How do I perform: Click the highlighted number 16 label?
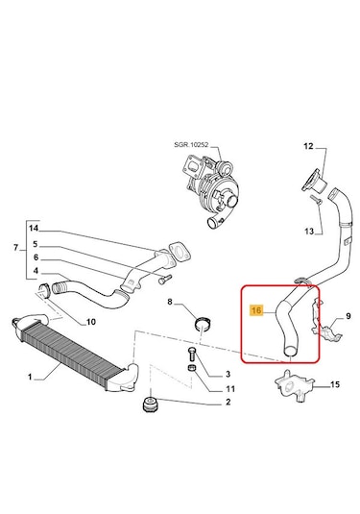pos(257,309)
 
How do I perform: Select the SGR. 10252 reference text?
pos(191,145)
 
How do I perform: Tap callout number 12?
pos(308,146)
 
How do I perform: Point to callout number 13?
pos(309,232)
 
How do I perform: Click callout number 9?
pos(348,316)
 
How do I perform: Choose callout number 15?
pos(335,384)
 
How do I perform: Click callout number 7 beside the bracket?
pos(16,248)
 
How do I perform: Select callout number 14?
pos(34,228)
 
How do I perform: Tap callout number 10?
pos(91,322)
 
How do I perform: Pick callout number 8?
pos(170,302)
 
